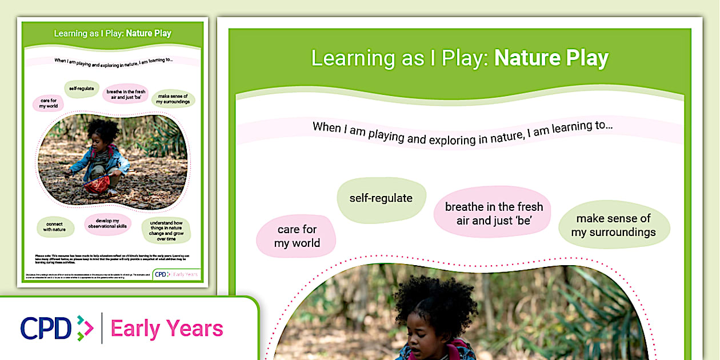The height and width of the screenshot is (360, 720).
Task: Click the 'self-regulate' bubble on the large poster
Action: (x=381, y=199)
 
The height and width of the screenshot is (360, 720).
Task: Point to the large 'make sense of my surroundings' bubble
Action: (x=613, y=226)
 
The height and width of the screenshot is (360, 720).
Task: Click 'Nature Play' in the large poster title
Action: (x=551, y=58)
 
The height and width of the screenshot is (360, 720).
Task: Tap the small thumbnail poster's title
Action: (x=113, y=33)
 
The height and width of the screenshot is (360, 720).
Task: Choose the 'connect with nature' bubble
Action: (x=56, y=226)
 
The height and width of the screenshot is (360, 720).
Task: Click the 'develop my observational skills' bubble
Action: (x=108, y=225)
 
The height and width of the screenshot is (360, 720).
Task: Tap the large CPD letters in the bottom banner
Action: (x=46, y=328)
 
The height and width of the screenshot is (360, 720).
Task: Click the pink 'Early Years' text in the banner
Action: (x=167, y=329)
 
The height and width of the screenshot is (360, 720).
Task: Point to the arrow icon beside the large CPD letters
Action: (x=85, y=328)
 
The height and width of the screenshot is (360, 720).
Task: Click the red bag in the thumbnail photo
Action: (x=97, y=184)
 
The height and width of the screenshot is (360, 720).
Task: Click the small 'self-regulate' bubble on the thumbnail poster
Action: (x=81, y=89)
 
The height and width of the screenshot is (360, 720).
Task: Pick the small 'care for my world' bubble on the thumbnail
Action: (x=49, y=103)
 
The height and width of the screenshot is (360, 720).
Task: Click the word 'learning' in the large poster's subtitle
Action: (x=571, y=127)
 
